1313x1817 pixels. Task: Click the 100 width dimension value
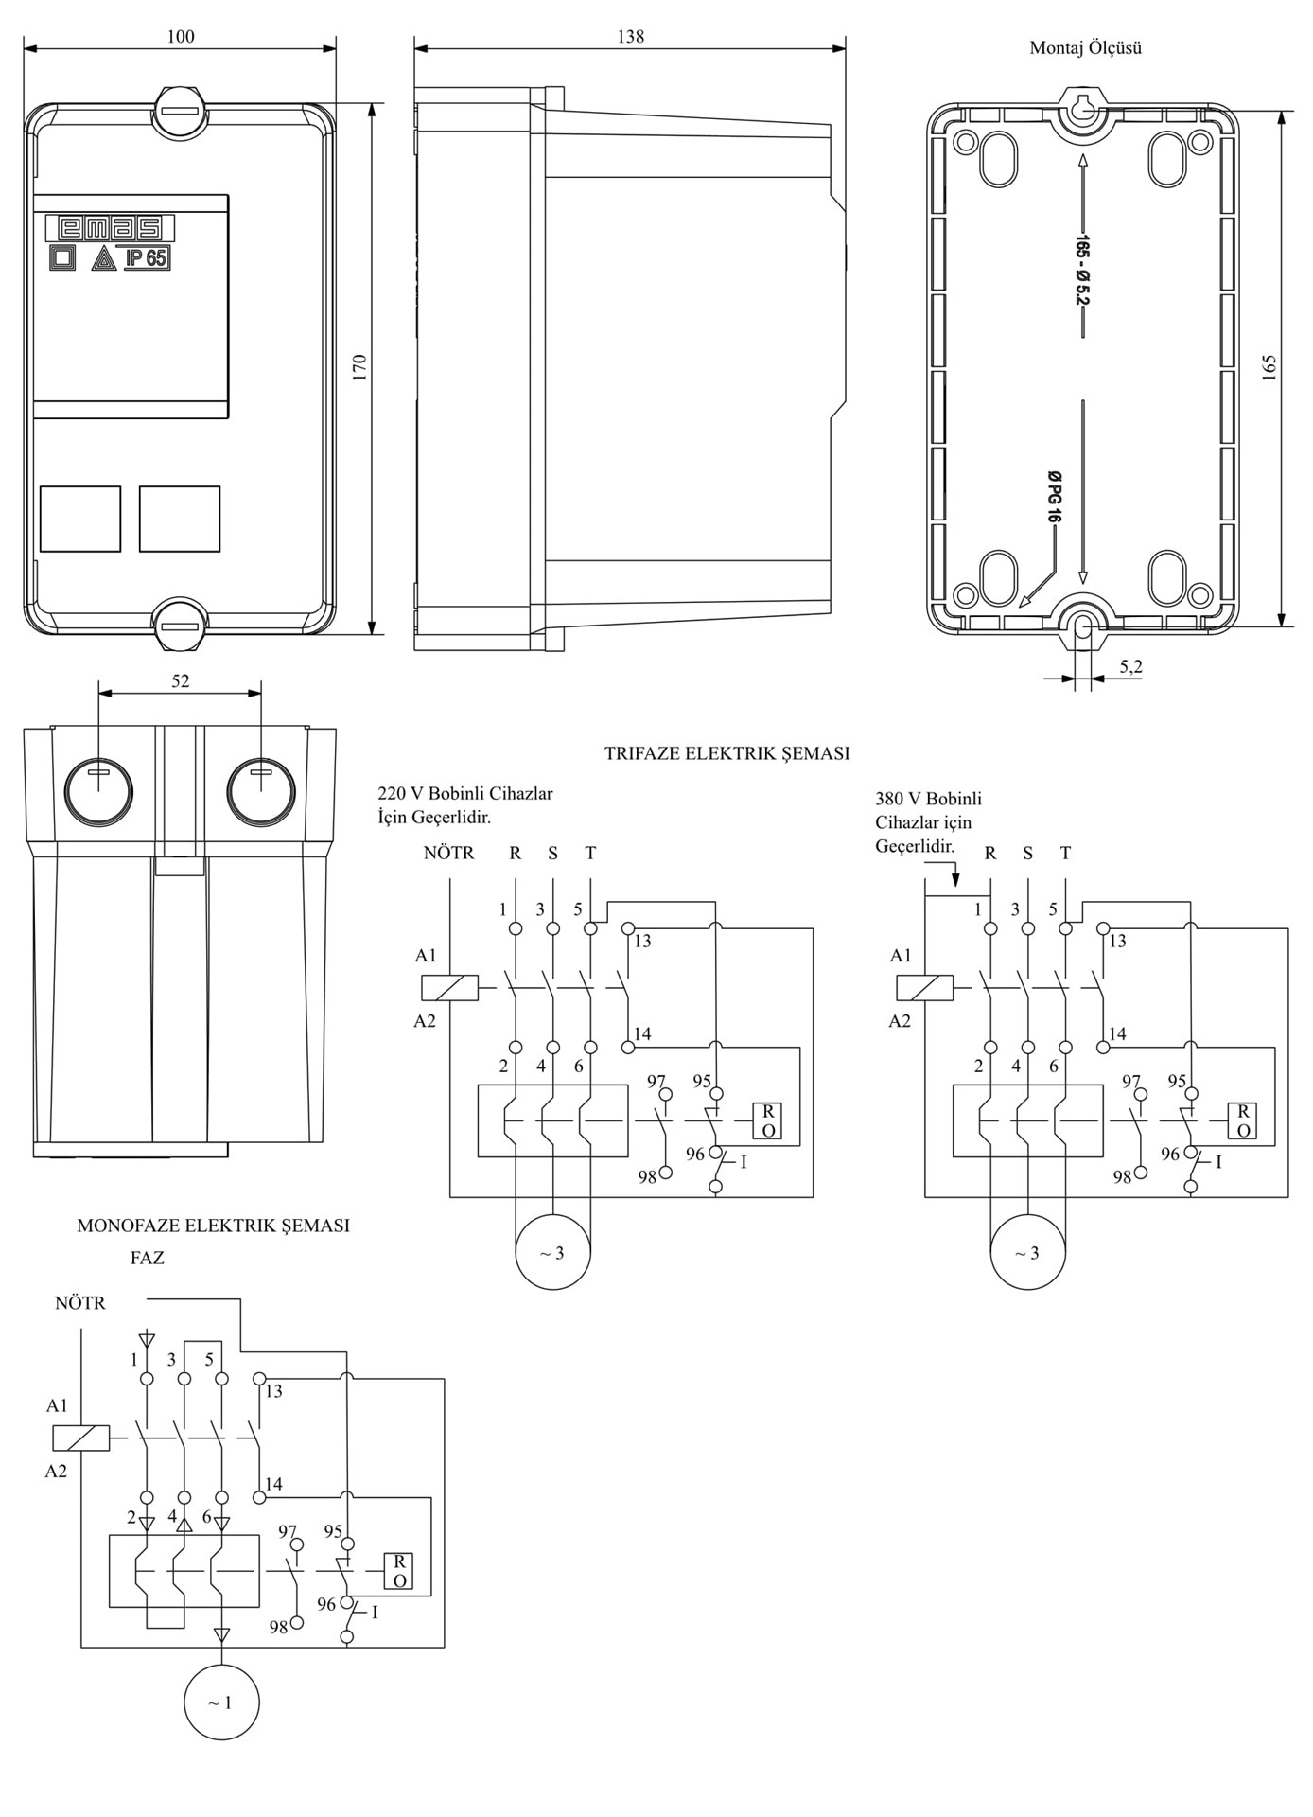coord(180,37)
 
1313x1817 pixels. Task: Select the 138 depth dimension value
coord(630,37)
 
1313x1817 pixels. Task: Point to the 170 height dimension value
coord(359,368)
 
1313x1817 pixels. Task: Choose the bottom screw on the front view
coord(180,625)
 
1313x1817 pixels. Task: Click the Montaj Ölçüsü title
coord(1085,48)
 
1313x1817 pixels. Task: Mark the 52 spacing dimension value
coord(180,681)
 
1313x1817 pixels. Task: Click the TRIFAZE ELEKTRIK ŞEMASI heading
coord(727,754)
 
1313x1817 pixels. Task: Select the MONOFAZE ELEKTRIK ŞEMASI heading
coord(213,1226)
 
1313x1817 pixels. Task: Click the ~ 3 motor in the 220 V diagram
coord(552,1253)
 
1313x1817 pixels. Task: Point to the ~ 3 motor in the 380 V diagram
coord(1027,1253)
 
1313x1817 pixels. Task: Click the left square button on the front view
coord(80,519)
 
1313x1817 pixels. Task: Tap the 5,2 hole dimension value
coord(1130,667)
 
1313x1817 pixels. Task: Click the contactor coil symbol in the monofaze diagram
coord(81,1438)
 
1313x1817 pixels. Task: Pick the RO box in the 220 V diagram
coord(767,1120)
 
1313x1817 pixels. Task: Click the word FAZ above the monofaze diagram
coord(148,1259)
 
